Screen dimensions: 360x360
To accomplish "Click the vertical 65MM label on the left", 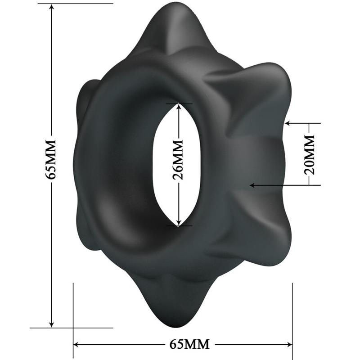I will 51,159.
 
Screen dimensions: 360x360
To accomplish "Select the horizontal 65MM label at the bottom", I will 189,345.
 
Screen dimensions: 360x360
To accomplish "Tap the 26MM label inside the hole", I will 179,159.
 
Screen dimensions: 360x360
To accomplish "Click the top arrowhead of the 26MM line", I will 179,106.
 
